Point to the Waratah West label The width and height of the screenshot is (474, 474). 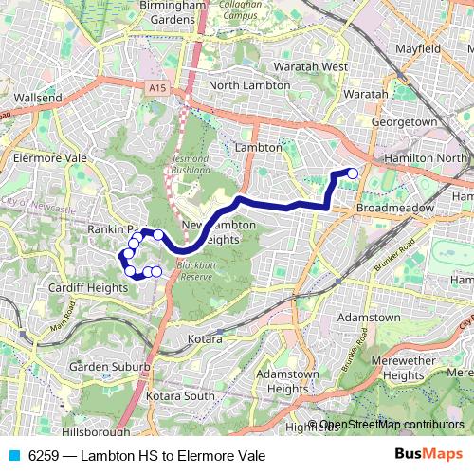[x=310, y=67]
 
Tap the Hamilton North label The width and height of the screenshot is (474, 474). [x=423, y=157]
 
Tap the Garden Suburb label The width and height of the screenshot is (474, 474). [x=109, y=367]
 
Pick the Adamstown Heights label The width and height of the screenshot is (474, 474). [x=286, y=381]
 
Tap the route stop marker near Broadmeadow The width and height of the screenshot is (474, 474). [x=353, y=173]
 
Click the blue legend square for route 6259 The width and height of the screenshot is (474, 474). [x=14, y=456]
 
